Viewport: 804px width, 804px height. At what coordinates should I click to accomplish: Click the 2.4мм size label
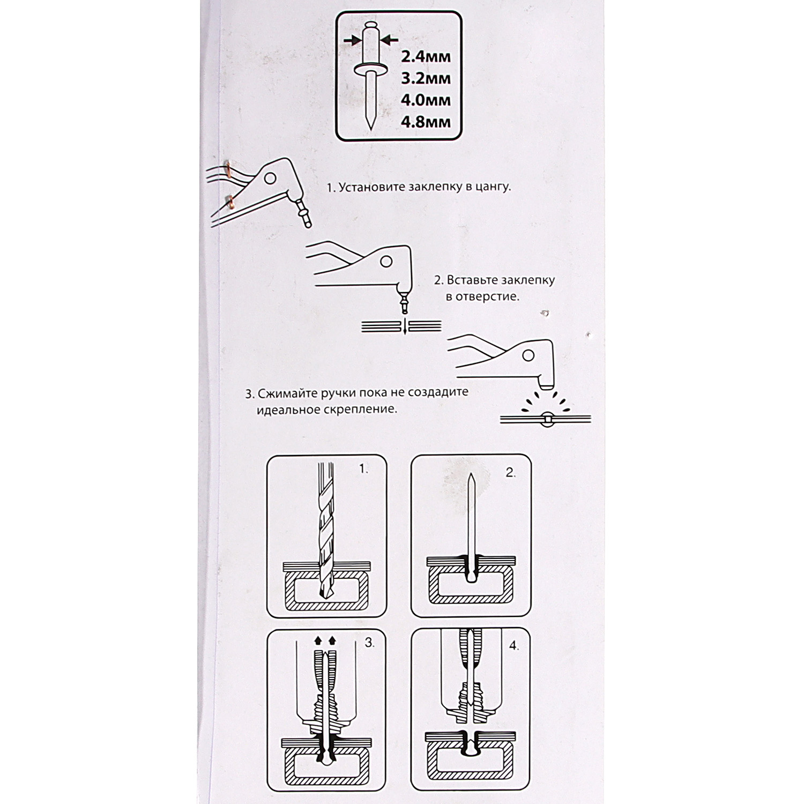pyautogui.click(x=426, y=56)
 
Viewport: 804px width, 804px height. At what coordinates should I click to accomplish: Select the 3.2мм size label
pyautogui.click(x=426, y=78)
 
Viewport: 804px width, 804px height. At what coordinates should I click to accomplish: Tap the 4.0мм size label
pyautogui.click(x=426, y=100)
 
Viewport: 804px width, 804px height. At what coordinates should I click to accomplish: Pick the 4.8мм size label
pyautogui.click(x=426, y=122)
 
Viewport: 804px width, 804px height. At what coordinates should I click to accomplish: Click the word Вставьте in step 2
pyautogui.click(x=472, y=280)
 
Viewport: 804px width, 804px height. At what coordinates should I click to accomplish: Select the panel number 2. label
pyautogui.click(x=510, y=472)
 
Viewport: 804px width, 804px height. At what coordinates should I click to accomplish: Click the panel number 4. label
pyautogui.click(x=514, y=646)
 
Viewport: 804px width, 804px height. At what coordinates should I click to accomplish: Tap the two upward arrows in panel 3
pyautogui.click(x=325, y=640)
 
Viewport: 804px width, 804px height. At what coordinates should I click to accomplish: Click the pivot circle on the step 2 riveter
pyautogui.click(x=386, y=262)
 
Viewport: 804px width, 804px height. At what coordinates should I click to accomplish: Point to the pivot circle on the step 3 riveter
pyautogui.click(x=528, y=355)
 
